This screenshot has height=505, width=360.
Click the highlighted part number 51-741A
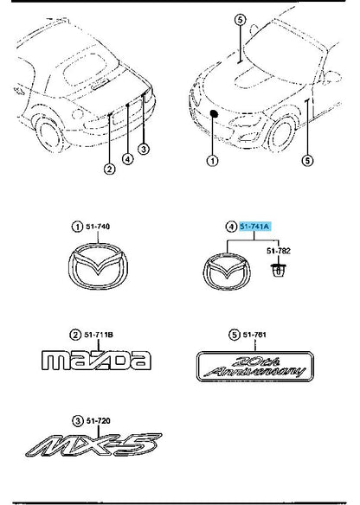pos(254,227)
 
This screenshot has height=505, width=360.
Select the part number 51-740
pos(98,227)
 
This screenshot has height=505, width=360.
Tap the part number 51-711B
pos(99,335)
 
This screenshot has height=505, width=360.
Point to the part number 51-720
pos(98,420)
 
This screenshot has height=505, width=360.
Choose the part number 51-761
pos(254,335)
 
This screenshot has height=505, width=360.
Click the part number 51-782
pos(279,251)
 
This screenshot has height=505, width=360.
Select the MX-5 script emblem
pos(93,444)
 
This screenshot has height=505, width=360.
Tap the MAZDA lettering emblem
pos(96,360)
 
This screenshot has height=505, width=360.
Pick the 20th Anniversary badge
pos(255,367)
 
